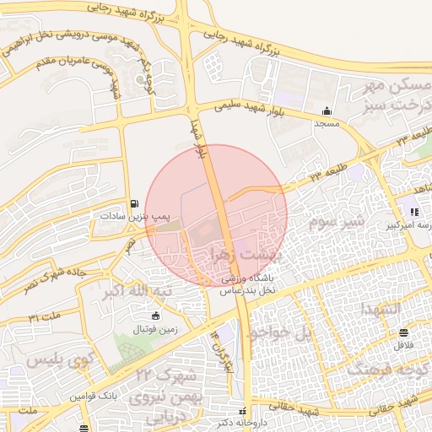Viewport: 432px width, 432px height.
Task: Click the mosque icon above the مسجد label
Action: point(327,111)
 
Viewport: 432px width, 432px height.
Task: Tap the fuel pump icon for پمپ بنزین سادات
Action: point(135,204)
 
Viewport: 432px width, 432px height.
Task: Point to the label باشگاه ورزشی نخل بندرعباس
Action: point(251,283)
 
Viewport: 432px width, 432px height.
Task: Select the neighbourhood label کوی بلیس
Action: point(58,360)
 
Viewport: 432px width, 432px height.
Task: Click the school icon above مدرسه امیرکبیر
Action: point(414,212)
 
